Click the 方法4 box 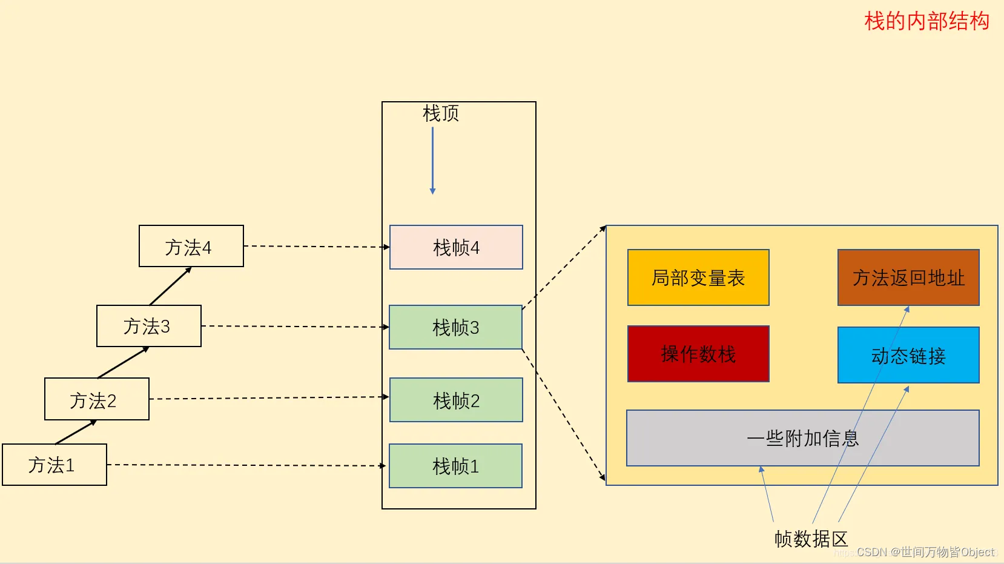point(191,246)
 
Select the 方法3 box point(149,326)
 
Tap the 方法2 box point(97,399)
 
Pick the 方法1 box point(54,465)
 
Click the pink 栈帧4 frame point(456,247)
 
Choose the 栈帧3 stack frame point(455,327)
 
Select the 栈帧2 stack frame point(456,400)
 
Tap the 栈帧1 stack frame point(455,466)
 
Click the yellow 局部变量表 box point(698,277)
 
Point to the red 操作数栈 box point(698,354)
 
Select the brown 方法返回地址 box point(908,277)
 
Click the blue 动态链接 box point(908,355)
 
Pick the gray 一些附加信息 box point(802,438)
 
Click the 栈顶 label point(441,113)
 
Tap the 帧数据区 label point(811,539)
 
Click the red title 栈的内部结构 point(926,21)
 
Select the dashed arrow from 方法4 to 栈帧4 point(315,247)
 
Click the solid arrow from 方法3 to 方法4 point(170,286)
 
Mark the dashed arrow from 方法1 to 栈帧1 point(245,465)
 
